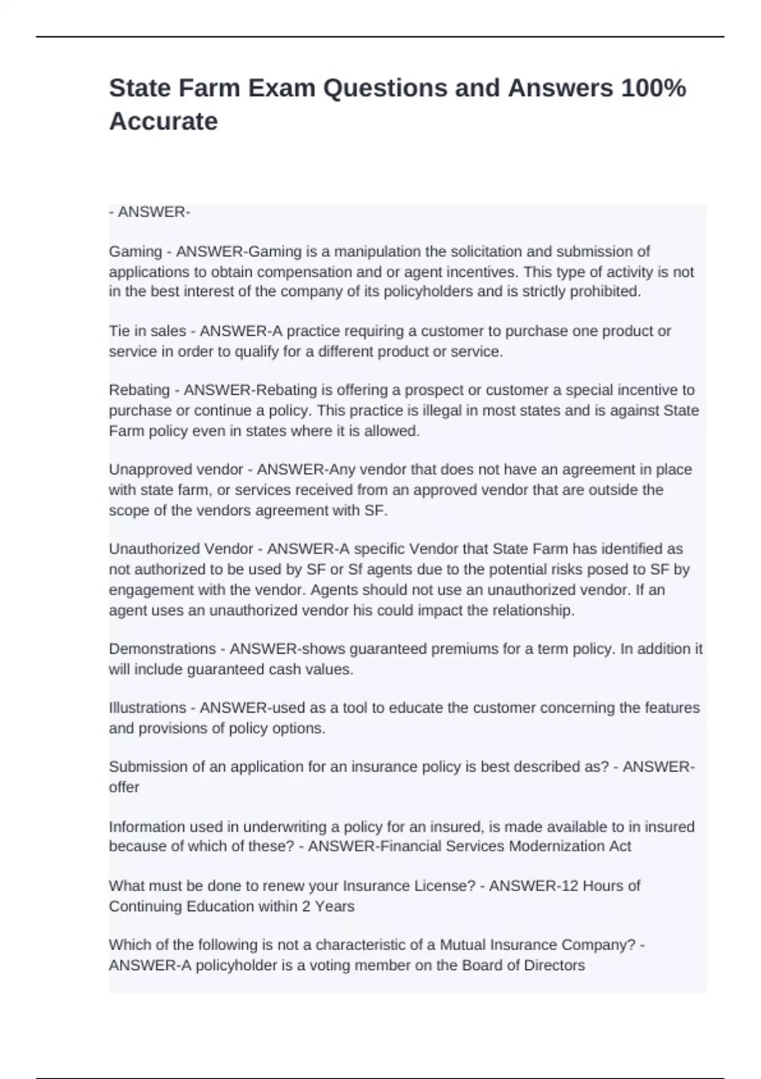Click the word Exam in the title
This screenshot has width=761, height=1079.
pos(281,88)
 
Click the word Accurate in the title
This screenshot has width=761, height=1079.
pos(163,121)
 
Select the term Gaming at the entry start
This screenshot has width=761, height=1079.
pos(135,251)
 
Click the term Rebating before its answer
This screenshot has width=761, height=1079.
pos(139,390)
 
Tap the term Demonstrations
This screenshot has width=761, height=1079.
pos(162,649)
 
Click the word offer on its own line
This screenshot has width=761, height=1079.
pos(124,787)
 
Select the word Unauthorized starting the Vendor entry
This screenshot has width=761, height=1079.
pos(154,548)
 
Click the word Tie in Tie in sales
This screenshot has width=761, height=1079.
pos(119,331)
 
